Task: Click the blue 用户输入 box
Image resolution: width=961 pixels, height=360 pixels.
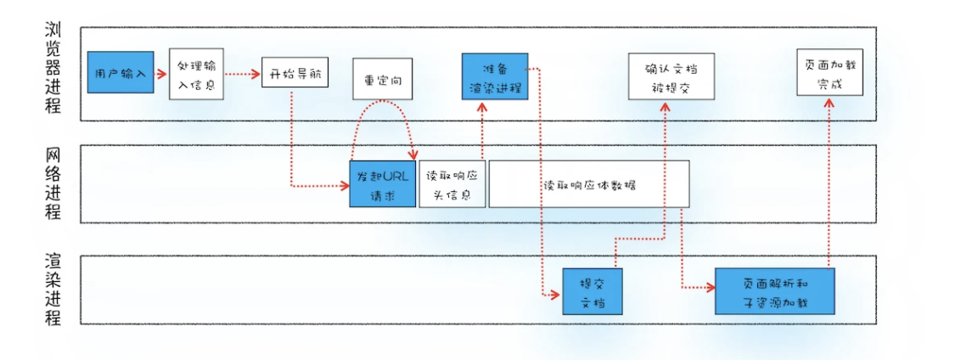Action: pyautogui.click(x=120, y=74)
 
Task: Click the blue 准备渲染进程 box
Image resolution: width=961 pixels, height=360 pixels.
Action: pyautogui.click(x=494, y=76)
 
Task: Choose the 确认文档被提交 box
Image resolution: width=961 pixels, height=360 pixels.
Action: pyautogui.click(x=670, y=76)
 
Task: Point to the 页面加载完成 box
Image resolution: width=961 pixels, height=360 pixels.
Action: pyautogui.click(x=829, y=74)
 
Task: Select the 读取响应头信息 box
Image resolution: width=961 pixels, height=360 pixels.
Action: pyautogui.click(x=452, y=183)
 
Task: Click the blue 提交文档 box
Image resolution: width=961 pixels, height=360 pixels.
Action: pyautogui.click(x=592, y=291)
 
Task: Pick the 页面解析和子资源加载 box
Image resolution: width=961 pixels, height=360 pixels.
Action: pyautogui.click(x=774, y=291)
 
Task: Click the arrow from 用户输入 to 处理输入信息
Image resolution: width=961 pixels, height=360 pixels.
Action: pyautogui.click(x=161, y=74)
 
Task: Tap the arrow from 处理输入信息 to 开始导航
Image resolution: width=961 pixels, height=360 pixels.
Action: pyautogui.click(x=242, y=74)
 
